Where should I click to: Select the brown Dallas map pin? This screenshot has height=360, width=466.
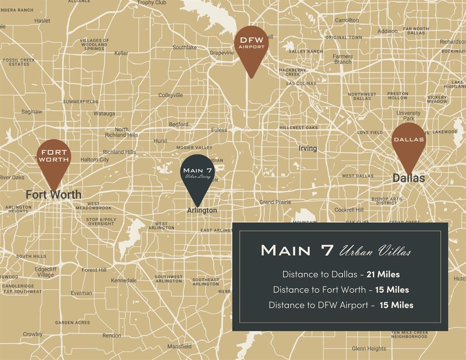(408, 142)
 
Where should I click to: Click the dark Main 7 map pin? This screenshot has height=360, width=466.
(198, 174)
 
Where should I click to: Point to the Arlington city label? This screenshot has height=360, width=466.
(202, 210)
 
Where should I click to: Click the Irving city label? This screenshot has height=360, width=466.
(308, 148)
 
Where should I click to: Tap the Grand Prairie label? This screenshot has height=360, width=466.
(275, 202)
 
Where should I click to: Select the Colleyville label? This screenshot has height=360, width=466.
(171, 95)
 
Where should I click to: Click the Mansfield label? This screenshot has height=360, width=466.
(180, 346)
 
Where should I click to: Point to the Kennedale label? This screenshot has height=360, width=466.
(124, 280)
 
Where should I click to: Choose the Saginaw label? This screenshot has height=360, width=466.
(32, 112)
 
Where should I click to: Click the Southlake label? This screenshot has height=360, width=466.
(185, 47)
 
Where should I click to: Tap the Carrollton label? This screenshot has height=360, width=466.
(347, 20)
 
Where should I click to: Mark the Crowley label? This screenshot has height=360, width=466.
(33, 334)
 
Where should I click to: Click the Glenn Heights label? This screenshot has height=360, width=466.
(369, 348)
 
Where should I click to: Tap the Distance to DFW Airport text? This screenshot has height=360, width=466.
(318, 305)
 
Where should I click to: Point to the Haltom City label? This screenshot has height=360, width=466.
(95, 159)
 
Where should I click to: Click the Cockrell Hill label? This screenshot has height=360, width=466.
(349, 210)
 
